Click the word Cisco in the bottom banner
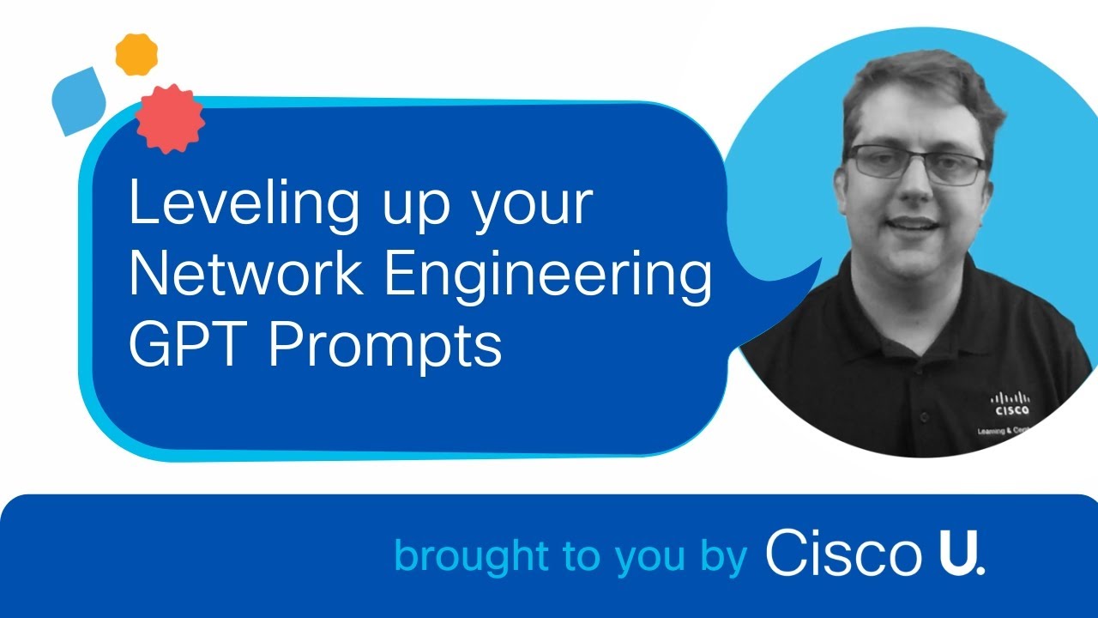841,554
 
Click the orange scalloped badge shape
136,54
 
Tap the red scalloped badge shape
170,119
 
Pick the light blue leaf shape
78,101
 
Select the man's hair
918,86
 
